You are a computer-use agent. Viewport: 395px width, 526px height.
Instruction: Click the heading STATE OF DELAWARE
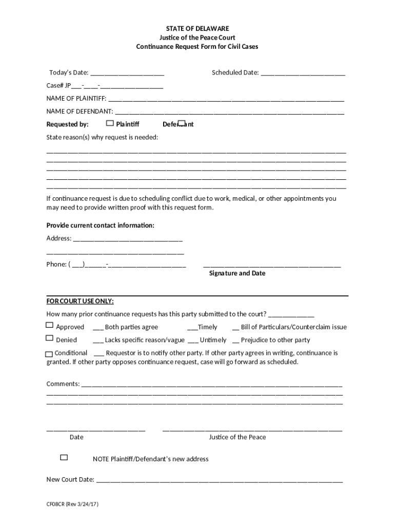pos(197,28)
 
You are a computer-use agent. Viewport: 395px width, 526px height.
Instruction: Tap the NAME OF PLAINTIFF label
pos(76,99)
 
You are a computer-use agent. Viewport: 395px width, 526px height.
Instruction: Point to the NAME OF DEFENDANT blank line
pos(229,111)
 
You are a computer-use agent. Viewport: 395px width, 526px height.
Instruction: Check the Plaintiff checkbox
pos(110,123)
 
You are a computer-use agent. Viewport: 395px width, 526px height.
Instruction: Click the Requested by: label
pos(68,124)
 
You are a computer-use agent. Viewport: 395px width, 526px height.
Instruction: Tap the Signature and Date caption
pos(237,273)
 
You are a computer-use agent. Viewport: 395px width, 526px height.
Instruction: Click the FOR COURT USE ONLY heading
pos(80,301)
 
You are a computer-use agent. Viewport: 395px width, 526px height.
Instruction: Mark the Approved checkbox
pos(50,325)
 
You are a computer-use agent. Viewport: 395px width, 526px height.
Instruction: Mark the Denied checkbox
pos(50,338)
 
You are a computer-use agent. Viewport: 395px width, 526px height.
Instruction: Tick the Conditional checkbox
pos(49,354)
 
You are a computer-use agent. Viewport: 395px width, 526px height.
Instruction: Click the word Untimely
pos(213,340)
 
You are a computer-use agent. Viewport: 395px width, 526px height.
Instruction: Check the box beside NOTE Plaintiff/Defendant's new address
pos(64,457)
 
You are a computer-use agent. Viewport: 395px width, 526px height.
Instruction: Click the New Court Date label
pos(70,480)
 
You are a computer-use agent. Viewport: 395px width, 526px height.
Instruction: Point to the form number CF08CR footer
pos(72,504)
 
